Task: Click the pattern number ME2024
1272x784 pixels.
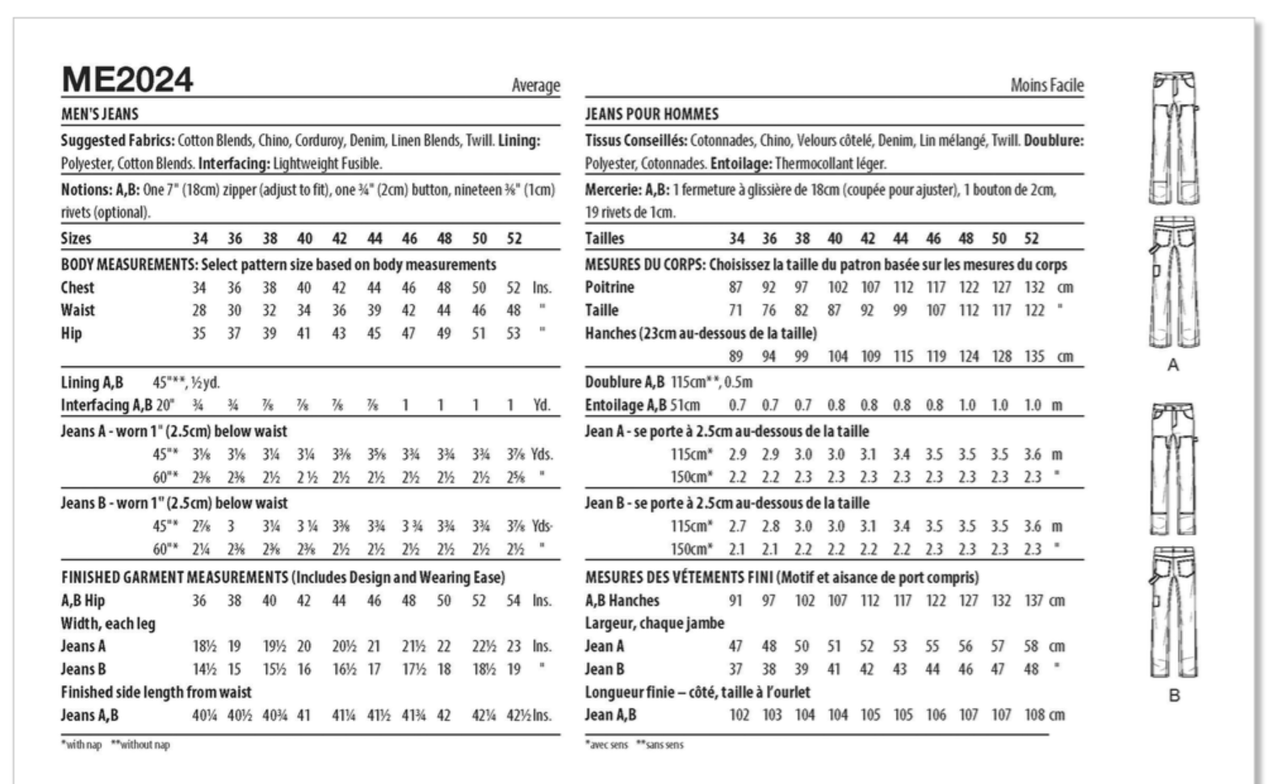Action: pyautogui.click(x=127, y=81)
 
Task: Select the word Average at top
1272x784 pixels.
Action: pyautogui.click(x=536, y=85)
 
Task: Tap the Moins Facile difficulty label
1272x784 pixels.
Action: pyautogui.click(x=1047, y=85)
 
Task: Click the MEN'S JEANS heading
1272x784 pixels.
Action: pyautogui.click(x=99, y=114)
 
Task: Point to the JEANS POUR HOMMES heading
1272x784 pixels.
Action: pyautogui.click(x=652, y=114)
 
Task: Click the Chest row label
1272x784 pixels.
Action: pyautogui.click(x=77, y=287)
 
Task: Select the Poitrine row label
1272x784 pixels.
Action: pyautogui.click(x=610, y=287)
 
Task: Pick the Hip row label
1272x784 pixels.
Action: pyautogui.click(x=72, y=333)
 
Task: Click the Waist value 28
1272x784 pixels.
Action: pyautogui.click(x=199, y=310)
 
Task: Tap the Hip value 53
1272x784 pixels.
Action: pyautogui.click(x=513, y=333)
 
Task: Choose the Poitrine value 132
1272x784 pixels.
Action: pyautogui.click(x=1034, y=287)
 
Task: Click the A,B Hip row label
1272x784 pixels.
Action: pyautogui.click(x=83, y=600)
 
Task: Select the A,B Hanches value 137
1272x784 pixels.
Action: pyautogui.click(x=1034, y=600)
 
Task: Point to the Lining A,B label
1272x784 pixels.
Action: pyautogui.click(x=92, y=382)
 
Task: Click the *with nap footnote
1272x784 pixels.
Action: pyautogui.click(x=81, y=744)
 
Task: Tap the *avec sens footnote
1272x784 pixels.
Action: pyautogui.click(x=607, y=744)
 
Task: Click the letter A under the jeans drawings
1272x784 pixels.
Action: pyautogui.click(x=1173, y=365)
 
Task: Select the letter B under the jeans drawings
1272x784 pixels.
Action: pyautogui.click(x=1173, y=696)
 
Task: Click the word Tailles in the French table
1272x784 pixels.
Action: pyautogui.click(x=605, y=238)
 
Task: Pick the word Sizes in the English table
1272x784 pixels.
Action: pyautogui.click(x=76, y=238)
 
